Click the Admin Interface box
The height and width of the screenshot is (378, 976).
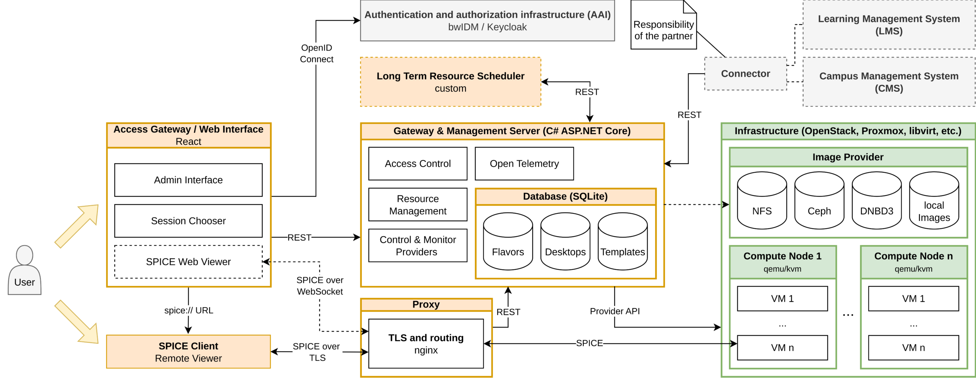pos(188,180)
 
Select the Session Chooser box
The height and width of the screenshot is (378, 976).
pos(188,221)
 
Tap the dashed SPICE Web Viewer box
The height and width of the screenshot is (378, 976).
pos(188,262)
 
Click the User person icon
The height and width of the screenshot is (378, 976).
pos(24,270)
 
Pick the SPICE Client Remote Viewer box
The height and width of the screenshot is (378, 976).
pos(188,352)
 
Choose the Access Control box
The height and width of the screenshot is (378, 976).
pos(417,164)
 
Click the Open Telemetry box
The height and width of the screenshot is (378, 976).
pos(524,164)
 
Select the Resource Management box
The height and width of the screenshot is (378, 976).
pos(417,205)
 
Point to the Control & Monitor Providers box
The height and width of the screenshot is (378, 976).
pos(417,246)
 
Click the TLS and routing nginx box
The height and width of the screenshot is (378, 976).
pos(426,344)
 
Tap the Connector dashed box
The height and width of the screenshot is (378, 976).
pos(745,74)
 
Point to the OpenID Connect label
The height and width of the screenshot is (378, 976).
pos(316,54)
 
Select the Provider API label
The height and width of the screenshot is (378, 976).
pos(615,311)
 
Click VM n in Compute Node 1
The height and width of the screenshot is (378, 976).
pos(782,348)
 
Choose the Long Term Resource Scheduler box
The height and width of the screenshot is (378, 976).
pos(450,82)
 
